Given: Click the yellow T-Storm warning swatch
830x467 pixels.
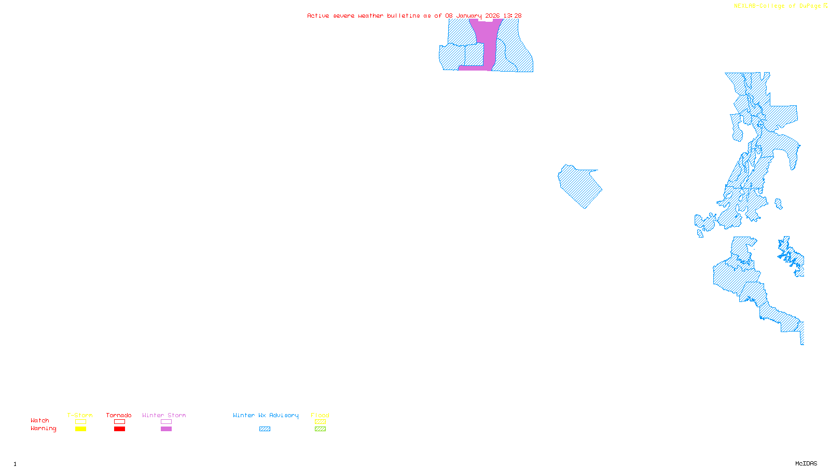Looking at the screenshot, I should [80, 429].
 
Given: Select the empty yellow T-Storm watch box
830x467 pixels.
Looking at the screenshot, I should [80, 422].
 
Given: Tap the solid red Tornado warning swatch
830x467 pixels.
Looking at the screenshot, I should [119, 429].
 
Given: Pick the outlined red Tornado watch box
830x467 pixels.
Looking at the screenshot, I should [119, 422].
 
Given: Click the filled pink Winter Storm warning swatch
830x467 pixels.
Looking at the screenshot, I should [166, 429].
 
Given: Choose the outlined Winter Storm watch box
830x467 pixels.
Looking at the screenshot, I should [166, 422].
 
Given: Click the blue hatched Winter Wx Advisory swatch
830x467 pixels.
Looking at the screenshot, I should [265, 429].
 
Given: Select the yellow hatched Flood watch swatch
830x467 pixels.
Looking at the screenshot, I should [320, 422].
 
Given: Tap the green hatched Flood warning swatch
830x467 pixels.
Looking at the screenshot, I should [320, 429].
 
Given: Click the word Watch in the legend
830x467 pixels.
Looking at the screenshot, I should [40, 420].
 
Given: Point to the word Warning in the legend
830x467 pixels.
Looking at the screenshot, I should [43, 429].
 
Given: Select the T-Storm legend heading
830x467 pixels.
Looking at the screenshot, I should [80, 415].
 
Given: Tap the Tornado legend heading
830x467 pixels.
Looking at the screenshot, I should [119, 415].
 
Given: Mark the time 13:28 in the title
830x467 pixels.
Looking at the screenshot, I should [513, 16].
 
